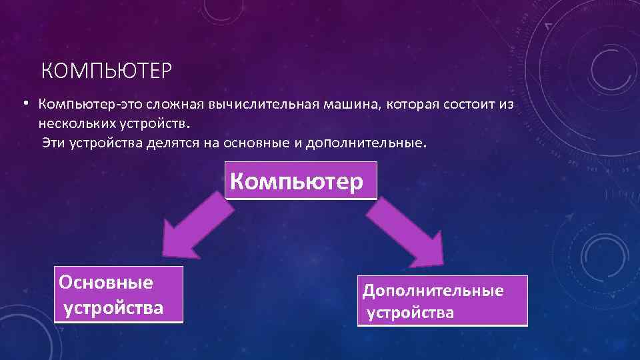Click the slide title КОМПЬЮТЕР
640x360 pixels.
click(x=107, y=69)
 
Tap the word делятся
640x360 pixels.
click(x=169, y=143)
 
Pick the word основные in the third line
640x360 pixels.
click(x=249, y=143)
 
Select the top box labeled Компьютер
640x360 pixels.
click(x=301, y=180)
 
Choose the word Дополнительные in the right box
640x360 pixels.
click(x=433, y=291)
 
